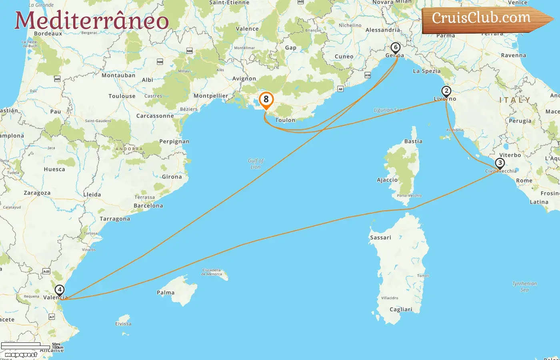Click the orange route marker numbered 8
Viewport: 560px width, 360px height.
266,100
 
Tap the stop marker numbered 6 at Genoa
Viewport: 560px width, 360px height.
396,48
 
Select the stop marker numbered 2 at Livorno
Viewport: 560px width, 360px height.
446,91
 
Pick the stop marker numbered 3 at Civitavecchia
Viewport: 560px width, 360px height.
500,163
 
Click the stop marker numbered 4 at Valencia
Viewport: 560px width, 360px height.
59,290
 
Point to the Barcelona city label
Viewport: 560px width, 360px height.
148,206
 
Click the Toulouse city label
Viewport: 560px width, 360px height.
122,96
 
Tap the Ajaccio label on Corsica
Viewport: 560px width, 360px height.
387,180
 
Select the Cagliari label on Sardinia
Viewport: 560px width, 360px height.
401,309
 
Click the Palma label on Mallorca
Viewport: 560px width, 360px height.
166,292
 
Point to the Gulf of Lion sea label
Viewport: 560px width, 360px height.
256,164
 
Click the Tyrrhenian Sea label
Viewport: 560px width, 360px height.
524,286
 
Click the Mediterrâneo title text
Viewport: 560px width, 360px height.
92,21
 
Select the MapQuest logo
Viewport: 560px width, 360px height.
21,354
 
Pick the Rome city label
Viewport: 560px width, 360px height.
524,180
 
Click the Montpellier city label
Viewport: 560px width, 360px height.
211,96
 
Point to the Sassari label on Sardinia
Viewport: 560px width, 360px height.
380,238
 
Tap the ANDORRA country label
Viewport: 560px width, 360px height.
129,149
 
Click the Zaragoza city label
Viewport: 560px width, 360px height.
37,193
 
